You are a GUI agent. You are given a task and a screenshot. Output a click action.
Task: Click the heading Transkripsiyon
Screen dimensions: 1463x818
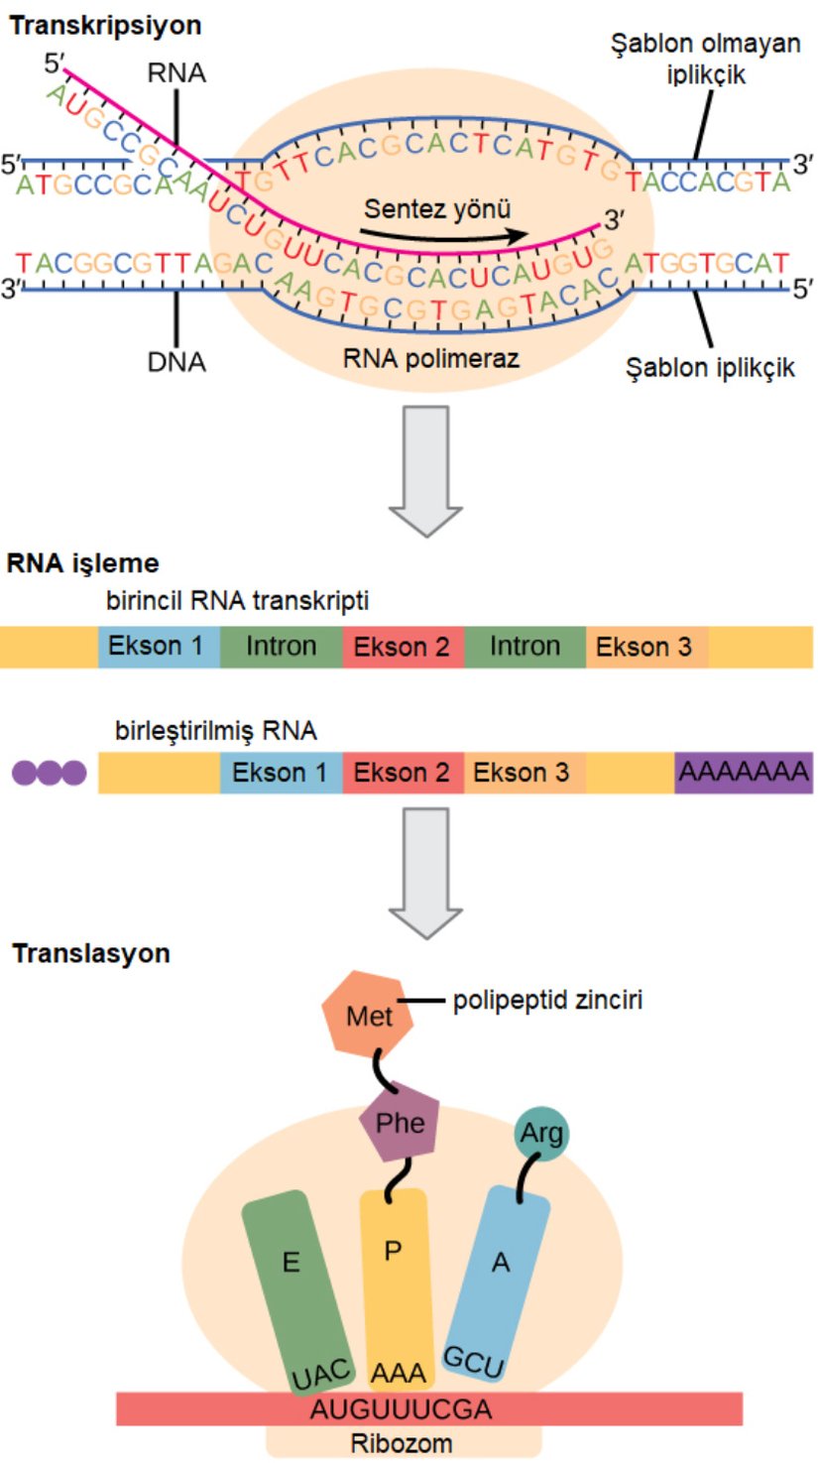(x=106, y=26)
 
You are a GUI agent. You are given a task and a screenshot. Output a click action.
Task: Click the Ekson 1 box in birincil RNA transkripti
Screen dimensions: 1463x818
(x=159, y=647)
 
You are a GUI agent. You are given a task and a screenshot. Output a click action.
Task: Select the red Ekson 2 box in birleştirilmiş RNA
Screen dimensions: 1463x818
(x=403, y=772)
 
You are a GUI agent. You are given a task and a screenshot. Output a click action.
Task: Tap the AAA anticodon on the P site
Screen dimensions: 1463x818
(x=399, y=1373)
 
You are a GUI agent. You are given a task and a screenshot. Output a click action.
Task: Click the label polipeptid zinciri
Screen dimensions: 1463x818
(x=548, y=1001)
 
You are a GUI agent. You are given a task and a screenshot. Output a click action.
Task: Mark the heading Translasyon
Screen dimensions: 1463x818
(x=91, y=953)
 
